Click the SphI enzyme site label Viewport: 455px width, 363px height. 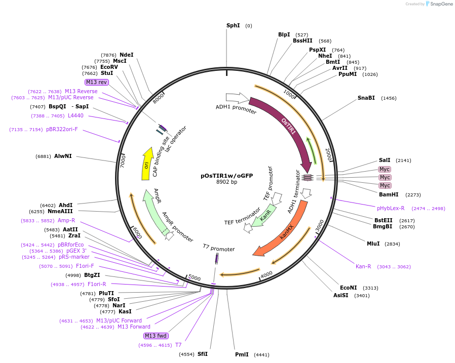233,25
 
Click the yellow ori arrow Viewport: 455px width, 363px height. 146,165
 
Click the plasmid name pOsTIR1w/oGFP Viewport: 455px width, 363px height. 226,176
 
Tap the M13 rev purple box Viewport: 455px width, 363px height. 96,82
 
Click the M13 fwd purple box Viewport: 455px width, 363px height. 156,336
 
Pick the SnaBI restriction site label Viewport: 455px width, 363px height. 366,98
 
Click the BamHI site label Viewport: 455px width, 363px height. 389,194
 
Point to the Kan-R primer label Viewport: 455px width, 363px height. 363,266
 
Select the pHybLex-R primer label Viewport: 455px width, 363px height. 391,208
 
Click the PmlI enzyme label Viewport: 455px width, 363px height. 242,354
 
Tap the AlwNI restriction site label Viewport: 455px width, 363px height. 63,156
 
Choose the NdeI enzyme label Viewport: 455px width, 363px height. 126,55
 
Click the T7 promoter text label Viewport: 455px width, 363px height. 218,249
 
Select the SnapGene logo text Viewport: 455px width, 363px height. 440,4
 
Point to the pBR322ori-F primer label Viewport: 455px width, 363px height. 62,130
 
